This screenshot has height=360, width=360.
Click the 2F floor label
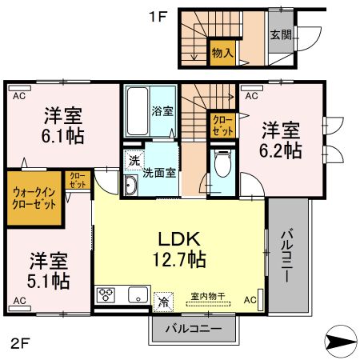tap(19, 345)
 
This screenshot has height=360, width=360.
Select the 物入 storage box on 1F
tap(222, 54)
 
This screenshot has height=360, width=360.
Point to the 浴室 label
tap(162, 111)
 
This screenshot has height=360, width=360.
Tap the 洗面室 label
tap(159, 171)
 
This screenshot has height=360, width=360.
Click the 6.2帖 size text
tap(281, 149)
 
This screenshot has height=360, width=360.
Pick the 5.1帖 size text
tap(50, 281)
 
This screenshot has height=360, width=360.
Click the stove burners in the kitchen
tap(106, 295)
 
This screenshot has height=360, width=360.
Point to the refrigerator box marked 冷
tap(162, 301)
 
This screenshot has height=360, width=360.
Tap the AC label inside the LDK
tap(250, 300)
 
